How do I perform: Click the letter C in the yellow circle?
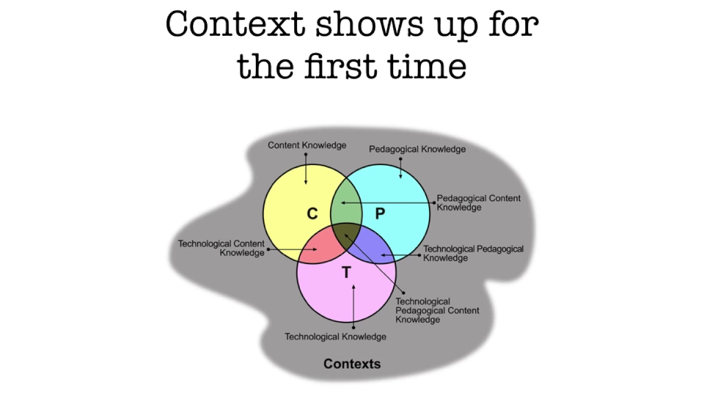(x=312, y=214)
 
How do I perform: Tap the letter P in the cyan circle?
(x=380, y=214)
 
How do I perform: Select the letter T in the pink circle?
(x=346, y=273)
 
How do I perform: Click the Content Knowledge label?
(x=307, y=145)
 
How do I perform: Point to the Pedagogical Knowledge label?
(x=417, y=149)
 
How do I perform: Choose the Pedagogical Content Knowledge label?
(x=478, y=202)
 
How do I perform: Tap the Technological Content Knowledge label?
(x=221, y=248)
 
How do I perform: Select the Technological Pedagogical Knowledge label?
(x=473, y=253)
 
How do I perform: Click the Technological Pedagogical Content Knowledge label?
(x=437, y=310)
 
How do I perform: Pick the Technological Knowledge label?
(x=335, y=337)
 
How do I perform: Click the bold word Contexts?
(x=352, y=364)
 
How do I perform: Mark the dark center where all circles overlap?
(x=346, y=232)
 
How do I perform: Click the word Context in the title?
(x=235, y=25)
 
